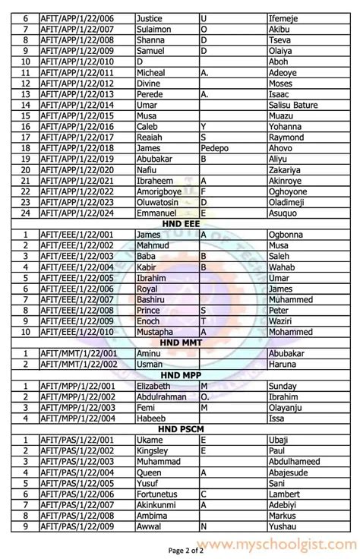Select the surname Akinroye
coord(291,181)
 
